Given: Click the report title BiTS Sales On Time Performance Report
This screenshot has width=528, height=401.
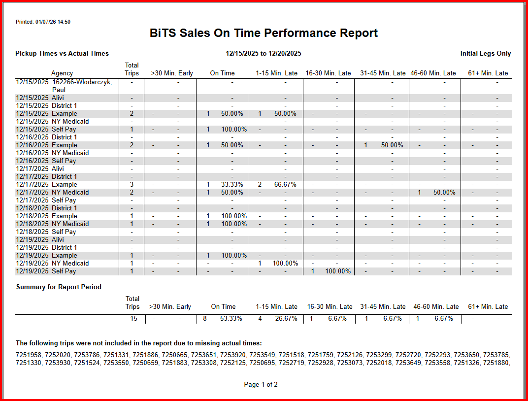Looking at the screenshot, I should click(x=264, y=33).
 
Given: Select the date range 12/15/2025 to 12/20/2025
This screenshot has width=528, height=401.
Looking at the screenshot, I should click(x=264, y=54).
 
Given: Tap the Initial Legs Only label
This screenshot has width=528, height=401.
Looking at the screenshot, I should click(x=485, y=54).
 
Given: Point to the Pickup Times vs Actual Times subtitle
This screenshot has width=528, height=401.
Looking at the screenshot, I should click(x=62, y=54).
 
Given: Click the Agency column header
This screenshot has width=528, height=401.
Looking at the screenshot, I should click(x=62, y=73).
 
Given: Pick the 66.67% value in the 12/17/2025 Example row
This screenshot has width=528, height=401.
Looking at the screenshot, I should click(x=285, y=185).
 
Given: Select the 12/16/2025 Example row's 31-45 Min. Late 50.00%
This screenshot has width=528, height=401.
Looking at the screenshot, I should click(x=392, y=145).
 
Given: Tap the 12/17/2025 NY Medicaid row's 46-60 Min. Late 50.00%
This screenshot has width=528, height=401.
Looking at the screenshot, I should click(x=444, y=193).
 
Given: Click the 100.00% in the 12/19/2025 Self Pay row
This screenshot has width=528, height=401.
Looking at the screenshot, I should click(x=338, y=271).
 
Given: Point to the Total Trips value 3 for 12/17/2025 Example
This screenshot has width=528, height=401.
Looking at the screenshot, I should click(x=132, y=185).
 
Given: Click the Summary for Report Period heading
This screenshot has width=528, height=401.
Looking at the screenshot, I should click(x=59, y=287).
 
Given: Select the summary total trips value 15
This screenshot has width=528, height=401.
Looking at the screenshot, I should click(x=133, y=319).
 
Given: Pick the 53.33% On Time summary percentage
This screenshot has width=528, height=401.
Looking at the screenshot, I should click(x=231, y=319).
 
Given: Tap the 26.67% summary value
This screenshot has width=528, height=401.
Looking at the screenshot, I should click(x=286, y=319).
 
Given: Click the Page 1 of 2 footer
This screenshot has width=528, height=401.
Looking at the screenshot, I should click(x=261, y=385).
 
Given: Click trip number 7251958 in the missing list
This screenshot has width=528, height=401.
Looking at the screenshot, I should click(x=29, y=355).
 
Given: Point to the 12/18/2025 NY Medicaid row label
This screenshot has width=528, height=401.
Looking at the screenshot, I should click(x=53, y=224).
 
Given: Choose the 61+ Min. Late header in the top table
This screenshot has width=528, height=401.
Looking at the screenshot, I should click(x=488, y=73).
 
